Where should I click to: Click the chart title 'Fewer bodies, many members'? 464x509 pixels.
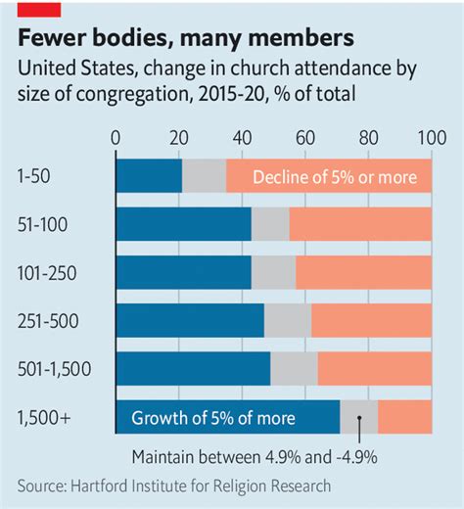(184, 39)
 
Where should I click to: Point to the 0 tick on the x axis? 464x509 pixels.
(116, 136)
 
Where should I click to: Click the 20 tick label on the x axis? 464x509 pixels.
(179, 136)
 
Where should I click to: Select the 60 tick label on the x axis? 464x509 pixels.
(304, 136)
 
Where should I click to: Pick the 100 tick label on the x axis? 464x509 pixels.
(430, 136)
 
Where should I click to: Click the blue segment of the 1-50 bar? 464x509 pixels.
(149, 176)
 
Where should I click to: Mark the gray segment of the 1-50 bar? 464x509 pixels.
(204, 176)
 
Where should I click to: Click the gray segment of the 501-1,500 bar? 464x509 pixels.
(294, 369)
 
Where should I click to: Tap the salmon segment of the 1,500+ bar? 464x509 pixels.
(404, 418)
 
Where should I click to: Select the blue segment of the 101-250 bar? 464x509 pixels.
(184, 273)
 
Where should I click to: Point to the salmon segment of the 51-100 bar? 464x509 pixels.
(360, 225)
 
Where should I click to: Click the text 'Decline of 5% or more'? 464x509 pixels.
(335, 177)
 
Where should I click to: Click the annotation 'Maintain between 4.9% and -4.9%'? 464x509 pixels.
(255, 456)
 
